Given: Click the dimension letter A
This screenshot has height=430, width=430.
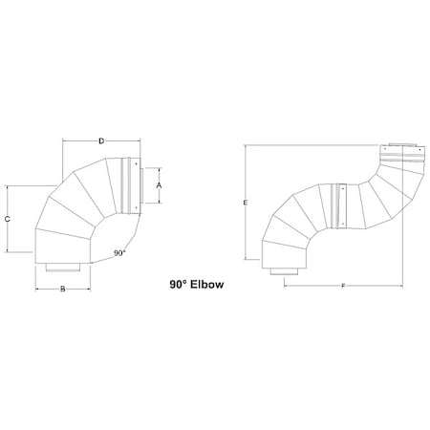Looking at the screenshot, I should pyautogui.click(x=159, y=185).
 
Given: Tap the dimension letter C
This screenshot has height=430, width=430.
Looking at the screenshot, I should pyautogui.click(x=8, y=219).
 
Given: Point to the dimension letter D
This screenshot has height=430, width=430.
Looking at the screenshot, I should pyautogui.click(x=102, y=142).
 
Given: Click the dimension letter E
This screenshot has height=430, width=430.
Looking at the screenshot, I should pyautogui.click(x=247, y=204).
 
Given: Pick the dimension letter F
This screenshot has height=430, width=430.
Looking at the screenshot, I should pyautogui.click(x=343, y=286).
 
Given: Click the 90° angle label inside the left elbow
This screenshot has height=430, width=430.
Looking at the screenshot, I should pyautogui.click(x=118, y=253).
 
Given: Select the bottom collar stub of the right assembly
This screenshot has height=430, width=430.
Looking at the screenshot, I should pyautogui.click(x=284, y=272).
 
